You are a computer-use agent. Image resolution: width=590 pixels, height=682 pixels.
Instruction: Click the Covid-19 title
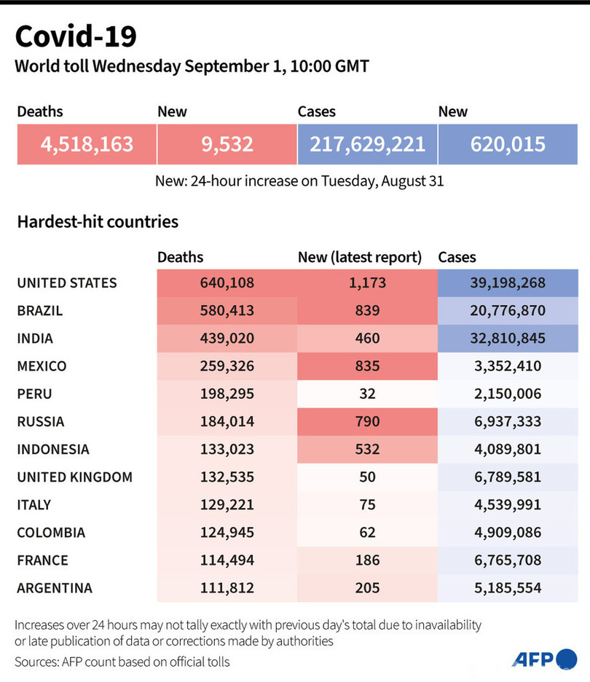pyautogui.click(x=75, y=36)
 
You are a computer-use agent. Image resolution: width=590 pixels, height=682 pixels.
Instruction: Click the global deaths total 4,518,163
pyautogui.click(x=87, y=143)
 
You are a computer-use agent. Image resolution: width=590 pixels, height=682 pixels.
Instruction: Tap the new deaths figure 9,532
pyautogui.click(x=227, y=143)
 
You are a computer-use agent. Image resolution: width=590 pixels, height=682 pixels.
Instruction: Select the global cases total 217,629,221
pyautogui.click(x=367, y=143)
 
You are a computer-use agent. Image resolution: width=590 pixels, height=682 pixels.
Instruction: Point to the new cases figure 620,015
pyautogui.click(x=508, y=143)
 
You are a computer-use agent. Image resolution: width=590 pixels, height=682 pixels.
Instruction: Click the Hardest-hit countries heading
pyautogui.click(x=98, y=221)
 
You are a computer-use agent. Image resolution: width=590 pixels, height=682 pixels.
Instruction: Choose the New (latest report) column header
pyautogui.click(x=360, y=257)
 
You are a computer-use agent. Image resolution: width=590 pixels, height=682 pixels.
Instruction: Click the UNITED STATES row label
pyautogui.click(x=67, y=283)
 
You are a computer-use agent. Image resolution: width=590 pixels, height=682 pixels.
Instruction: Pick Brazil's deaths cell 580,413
pyautogui.click(x=227, y=311)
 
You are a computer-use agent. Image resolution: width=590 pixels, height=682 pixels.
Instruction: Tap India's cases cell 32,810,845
pyautogui.click(x=508, y=338)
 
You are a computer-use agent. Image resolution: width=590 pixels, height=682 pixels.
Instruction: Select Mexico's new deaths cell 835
pyautogui.click(x=367, y=366)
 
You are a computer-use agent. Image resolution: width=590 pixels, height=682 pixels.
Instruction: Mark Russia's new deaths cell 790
pyautogui.click(x=367, y=421)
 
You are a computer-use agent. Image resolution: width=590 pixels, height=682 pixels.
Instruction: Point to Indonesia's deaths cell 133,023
pyautogui.click(x=227, y=449)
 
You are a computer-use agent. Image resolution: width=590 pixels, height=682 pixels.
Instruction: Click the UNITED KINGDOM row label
pyautogui.click(x=75, y=477)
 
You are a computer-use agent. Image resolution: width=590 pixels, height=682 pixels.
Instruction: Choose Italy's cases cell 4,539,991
pyautogui.click(x=508, y=505)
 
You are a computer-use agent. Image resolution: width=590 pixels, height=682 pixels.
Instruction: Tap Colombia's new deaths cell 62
pyautogui.click(x=367, y=533)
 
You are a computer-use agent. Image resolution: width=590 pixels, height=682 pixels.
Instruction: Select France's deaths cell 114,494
pyautogui.click(x=227, y=560)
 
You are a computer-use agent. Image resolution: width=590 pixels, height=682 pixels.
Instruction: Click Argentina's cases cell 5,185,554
pyautogui.click(x=508, y=588)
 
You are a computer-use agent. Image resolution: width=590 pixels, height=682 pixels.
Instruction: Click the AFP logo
pyautogui.click(x=543, y=659)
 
